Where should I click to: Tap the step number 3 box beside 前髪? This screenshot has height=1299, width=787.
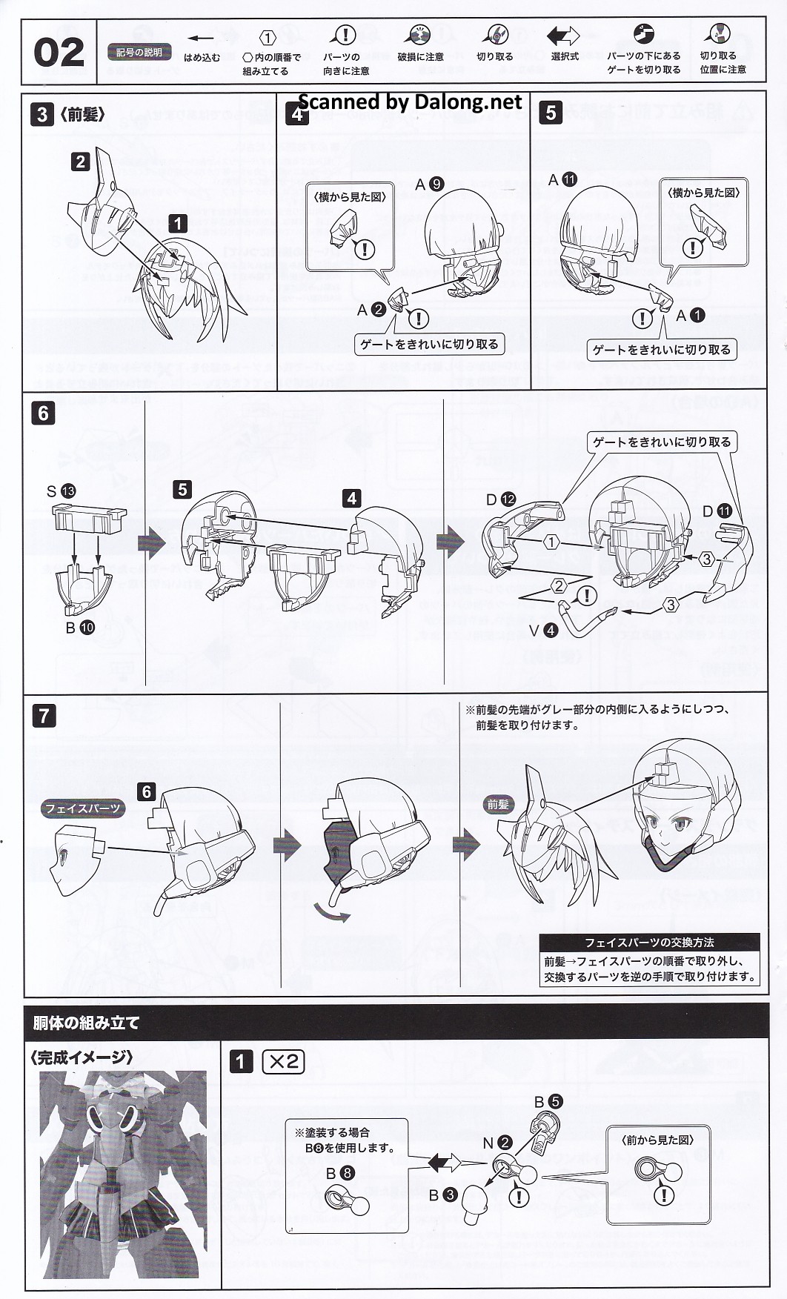coord(41,114)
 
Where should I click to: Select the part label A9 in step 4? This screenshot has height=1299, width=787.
coord(429,184)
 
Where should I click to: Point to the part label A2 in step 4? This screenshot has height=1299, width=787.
coord(370,310)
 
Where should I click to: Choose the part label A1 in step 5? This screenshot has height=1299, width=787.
coord(690,316)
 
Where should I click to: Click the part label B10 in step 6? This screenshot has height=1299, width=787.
coord(80,627)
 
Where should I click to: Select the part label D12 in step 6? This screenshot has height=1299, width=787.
coord(500,499)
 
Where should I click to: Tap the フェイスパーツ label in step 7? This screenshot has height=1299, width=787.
coord(83,808)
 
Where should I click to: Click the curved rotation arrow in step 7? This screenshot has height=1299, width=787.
coord(332,913)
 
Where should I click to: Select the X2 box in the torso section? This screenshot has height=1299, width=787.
coord(284,1062)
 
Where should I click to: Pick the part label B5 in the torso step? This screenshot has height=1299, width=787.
coord(548,1102)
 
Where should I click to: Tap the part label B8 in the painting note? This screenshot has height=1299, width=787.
coord(340,1173)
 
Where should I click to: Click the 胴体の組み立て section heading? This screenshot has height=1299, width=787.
coord(87,1023)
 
